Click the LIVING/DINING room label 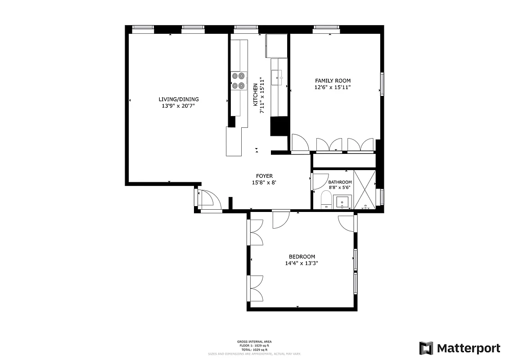coord(178,99)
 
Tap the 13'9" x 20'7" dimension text coord(178,106)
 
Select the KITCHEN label coord(255,94)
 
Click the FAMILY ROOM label coord(333,81)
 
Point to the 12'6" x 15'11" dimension coord(333,87)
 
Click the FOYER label coord(264,176)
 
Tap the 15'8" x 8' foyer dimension coord(264,183)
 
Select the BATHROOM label coord(340,182)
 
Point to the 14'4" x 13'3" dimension coord(302,264)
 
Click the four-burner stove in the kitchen coord(239,80)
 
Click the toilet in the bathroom coord(326,200)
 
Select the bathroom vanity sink coord(343,202)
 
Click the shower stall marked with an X coord(365,189)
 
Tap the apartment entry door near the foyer coord(208,200)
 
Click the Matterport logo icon coord(426,348)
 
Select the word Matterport coord(468,348)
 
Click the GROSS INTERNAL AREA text coord(254,342)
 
